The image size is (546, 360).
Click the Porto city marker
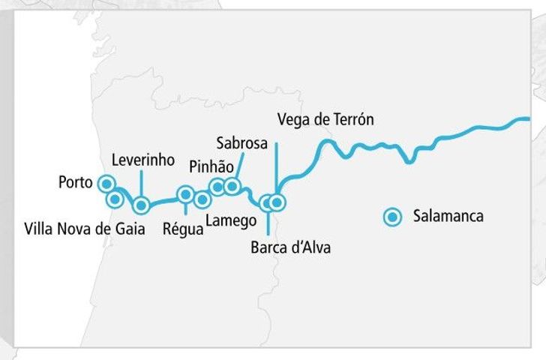[x=106, y=183]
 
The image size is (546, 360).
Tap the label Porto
[x=75, y=182]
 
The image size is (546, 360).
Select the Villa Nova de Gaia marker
[x=115, y=199]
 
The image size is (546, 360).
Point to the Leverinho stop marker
[x=141, y=205]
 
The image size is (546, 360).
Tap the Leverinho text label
[x=142, y=160]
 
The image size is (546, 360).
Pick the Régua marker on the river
[x=185, y=195]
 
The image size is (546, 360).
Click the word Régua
[x=183, y=229]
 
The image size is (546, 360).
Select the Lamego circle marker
[x=202, y=199]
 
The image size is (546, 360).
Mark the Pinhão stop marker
[x=217, y=187]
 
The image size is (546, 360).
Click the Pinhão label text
[x=211, y=166]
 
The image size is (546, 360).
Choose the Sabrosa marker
[x=232, y=185]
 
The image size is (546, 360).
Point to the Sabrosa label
[x=241, y=142]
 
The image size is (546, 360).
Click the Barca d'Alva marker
[x=266, y=202]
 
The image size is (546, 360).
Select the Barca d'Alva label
[x=290, y=247]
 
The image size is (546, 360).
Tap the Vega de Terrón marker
[x=277, y=202]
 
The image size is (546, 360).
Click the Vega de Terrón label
[x=325, y=119]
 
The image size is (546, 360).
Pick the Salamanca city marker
[x=391, y=217]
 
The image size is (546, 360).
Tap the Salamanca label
[x=448, y=217]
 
